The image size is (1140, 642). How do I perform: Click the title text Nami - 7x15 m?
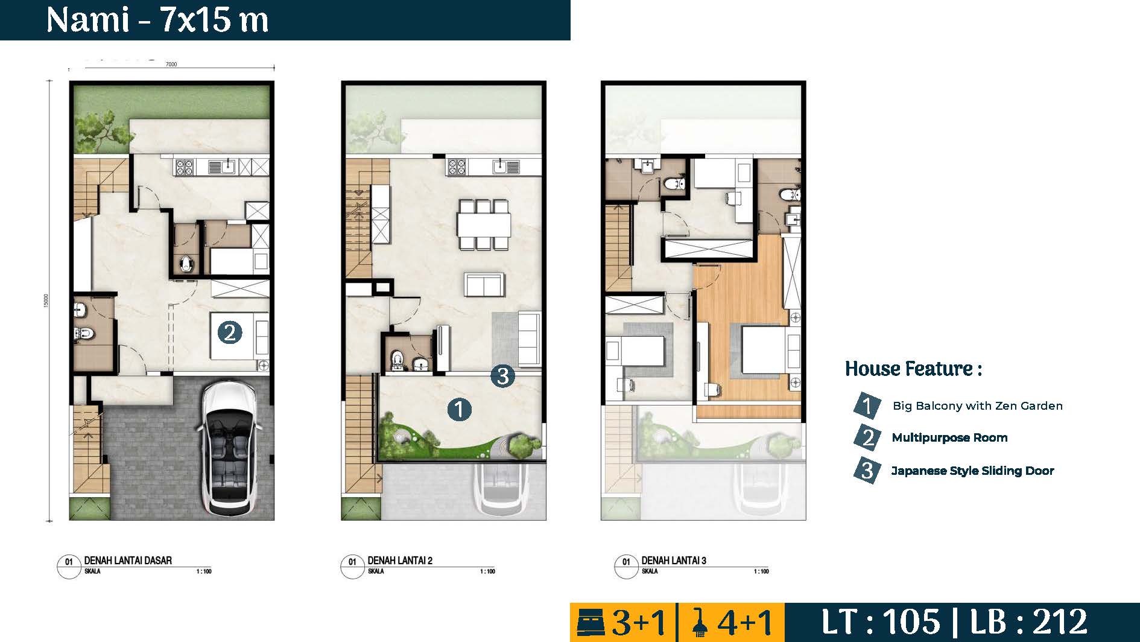click(157, 20)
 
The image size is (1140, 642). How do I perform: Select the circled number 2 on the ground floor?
click(229, 332)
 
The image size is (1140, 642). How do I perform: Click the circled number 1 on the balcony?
click(459, 410)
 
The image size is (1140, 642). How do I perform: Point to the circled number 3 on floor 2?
click(502, 376)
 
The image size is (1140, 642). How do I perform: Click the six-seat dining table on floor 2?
click(484, 224)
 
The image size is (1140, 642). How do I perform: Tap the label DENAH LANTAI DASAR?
click(128, 561)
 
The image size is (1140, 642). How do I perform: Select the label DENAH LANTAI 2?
click(400, 561)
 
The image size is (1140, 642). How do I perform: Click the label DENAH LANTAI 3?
click(674, 561)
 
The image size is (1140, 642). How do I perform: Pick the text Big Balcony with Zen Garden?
click(977, 406)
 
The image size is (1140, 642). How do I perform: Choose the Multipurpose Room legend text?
click(949, 438)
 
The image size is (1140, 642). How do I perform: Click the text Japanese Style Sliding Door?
click(972, 471)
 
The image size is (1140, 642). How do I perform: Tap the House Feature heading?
click(913, 369)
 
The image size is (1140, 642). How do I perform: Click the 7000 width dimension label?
click(171, 65)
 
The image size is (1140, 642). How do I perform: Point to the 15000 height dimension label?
click(46, 300)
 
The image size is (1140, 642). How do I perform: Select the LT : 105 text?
click(881, 622)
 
